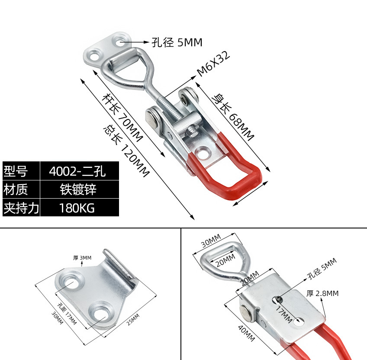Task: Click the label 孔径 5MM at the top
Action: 177,42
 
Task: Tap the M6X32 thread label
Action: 213,64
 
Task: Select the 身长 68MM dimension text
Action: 232,116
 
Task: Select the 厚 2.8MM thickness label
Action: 322,293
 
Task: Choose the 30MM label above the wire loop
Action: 211,241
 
